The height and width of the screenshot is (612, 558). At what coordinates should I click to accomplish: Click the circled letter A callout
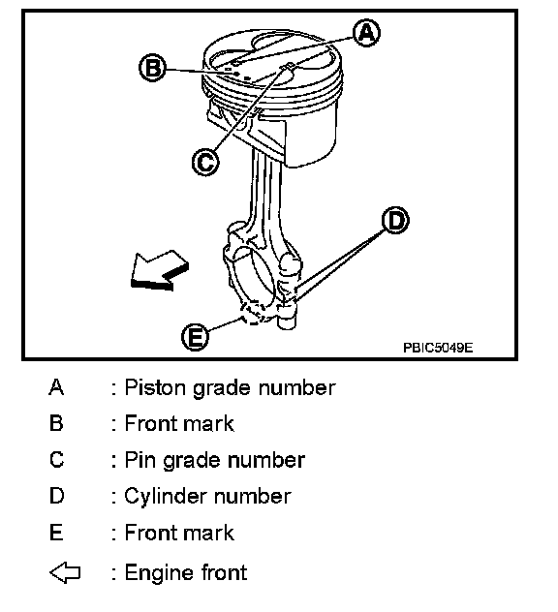(366, 34)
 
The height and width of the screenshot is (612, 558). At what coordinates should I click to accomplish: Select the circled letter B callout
(152, 68)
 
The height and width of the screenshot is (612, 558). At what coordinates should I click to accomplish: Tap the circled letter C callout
(205, 162)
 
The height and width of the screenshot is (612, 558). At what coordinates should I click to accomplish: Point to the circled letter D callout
(395, 221)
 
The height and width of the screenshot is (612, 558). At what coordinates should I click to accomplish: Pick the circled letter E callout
(195, 336)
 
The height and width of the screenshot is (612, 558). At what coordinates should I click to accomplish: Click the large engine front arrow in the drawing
(159, 270)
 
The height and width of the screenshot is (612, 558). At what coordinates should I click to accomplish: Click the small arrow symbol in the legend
(65, 572)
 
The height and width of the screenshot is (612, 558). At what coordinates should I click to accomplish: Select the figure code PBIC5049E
(438, 348)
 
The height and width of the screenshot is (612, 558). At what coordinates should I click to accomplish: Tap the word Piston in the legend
(155, 387)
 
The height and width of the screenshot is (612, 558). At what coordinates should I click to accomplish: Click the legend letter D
(56, 496)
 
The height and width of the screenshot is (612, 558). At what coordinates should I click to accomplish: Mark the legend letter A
(56, 387)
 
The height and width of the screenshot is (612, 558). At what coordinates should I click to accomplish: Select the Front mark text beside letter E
(179, 533)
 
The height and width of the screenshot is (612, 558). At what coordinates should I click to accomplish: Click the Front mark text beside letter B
(179, 423)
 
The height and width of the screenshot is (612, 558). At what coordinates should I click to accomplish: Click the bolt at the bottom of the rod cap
(287, 317)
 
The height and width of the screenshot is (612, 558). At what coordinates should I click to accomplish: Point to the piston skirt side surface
(312, 133)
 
